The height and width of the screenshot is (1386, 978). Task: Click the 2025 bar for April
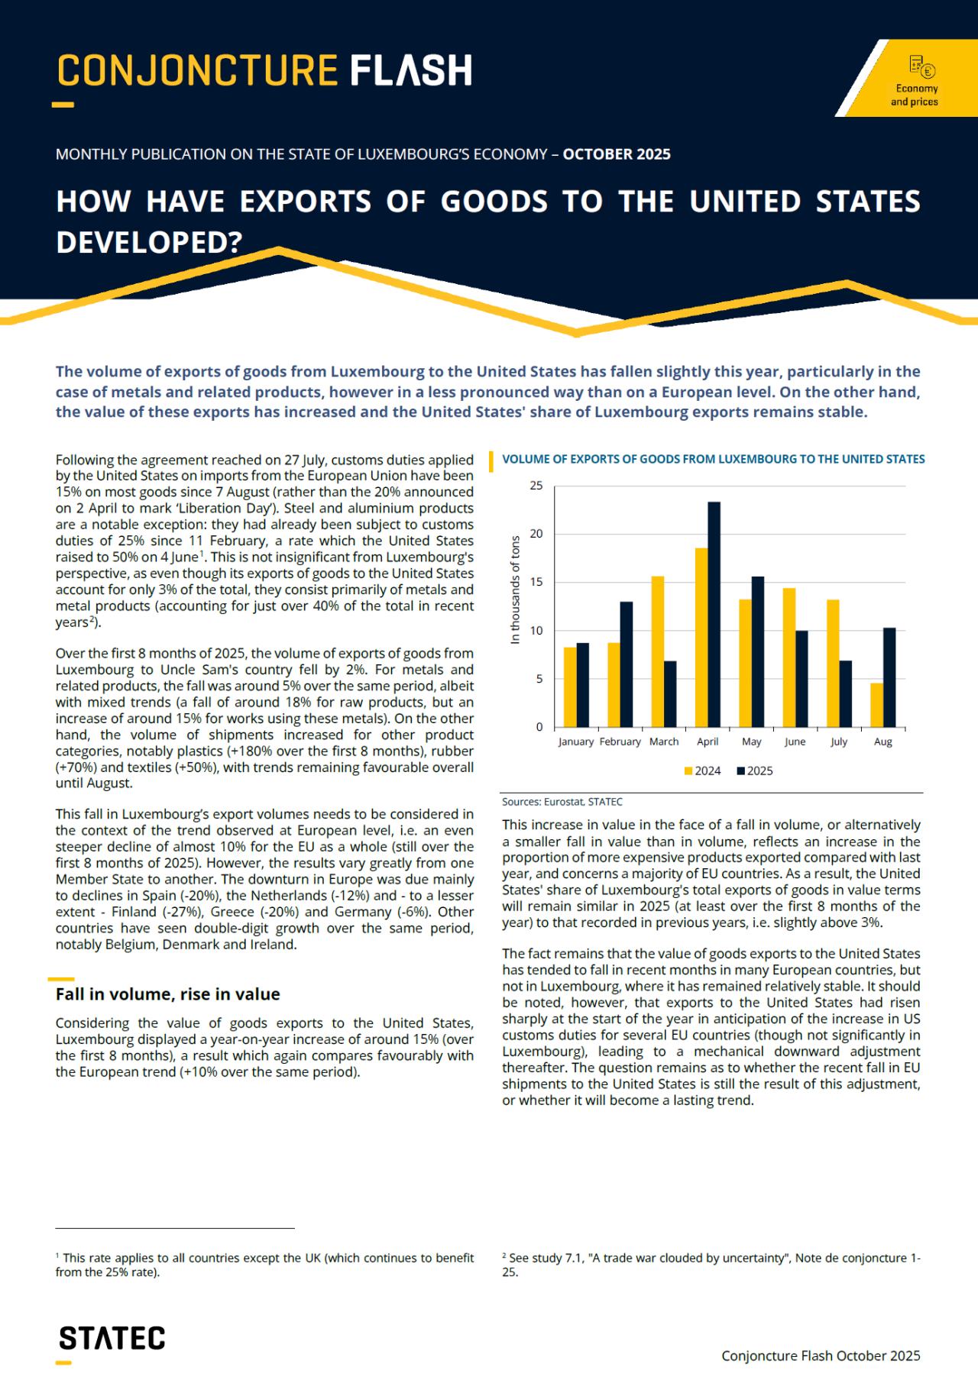(714, 615)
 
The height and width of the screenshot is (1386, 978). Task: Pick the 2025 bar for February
(627, 664)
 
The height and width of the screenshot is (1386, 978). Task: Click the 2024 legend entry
(702, 771)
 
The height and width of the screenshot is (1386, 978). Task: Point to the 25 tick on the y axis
(536, 486)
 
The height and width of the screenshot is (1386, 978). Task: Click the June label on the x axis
(795, 741)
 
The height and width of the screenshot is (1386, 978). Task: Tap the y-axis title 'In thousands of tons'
(515, 590)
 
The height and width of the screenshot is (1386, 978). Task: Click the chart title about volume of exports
(713, 459)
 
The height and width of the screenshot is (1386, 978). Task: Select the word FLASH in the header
(411, 71)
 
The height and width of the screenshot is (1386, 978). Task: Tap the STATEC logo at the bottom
(112, 1339)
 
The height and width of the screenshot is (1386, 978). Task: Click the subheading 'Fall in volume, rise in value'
(167, 994)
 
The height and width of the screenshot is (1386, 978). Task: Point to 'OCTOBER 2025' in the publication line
(617, 154)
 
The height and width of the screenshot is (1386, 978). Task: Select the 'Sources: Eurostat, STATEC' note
(562, 802)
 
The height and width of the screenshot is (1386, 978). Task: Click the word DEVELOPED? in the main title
(149, 242)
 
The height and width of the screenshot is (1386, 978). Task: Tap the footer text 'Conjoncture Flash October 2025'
(821, 1355)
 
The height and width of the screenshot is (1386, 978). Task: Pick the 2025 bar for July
(846, 694)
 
